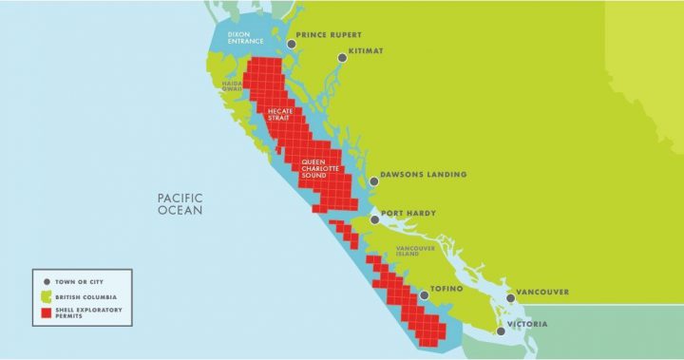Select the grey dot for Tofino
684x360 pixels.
pyautogui.click(x=425, y=295)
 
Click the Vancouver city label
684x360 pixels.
pyautogui.click(x=541, y=292)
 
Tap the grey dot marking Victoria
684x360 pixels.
pyautogui.click(x=501, y=331)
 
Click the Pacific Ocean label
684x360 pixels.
pyautogui.click(x=180, y=202)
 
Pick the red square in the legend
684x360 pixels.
pyautogui.click(x=47, y=313)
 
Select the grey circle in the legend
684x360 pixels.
pyautogui.click(x=47, y=282)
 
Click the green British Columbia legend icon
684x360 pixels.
pyautogui.click(x=47, y=297)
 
